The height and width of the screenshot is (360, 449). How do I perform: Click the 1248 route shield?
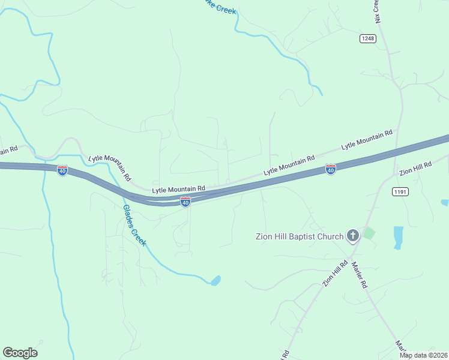point(368,38)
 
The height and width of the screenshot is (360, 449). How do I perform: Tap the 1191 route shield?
point(400,191)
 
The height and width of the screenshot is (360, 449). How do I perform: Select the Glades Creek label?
point(134,225)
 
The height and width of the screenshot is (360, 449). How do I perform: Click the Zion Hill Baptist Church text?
point(300,236)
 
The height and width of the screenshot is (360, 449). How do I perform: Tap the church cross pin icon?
point(353,236)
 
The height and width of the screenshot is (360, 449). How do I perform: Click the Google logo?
point(20,353)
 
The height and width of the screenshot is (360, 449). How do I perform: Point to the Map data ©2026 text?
point(423,355)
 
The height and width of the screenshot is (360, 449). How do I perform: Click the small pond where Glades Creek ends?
point(215,280)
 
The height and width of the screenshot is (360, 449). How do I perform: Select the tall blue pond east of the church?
point(398,236)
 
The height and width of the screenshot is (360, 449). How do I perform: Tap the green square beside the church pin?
point(369,233)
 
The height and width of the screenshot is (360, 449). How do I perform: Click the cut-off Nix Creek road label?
point(378,11)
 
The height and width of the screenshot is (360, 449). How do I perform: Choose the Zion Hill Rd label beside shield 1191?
point(415,169)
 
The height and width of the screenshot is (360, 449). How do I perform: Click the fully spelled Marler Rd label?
point(359,275)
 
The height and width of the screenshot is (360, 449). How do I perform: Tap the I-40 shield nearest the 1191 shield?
point(330,170)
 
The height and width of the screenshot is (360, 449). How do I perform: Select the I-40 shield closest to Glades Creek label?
point(185,202)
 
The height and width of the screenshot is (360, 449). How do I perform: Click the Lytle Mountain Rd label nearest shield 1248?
point(367,140)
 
